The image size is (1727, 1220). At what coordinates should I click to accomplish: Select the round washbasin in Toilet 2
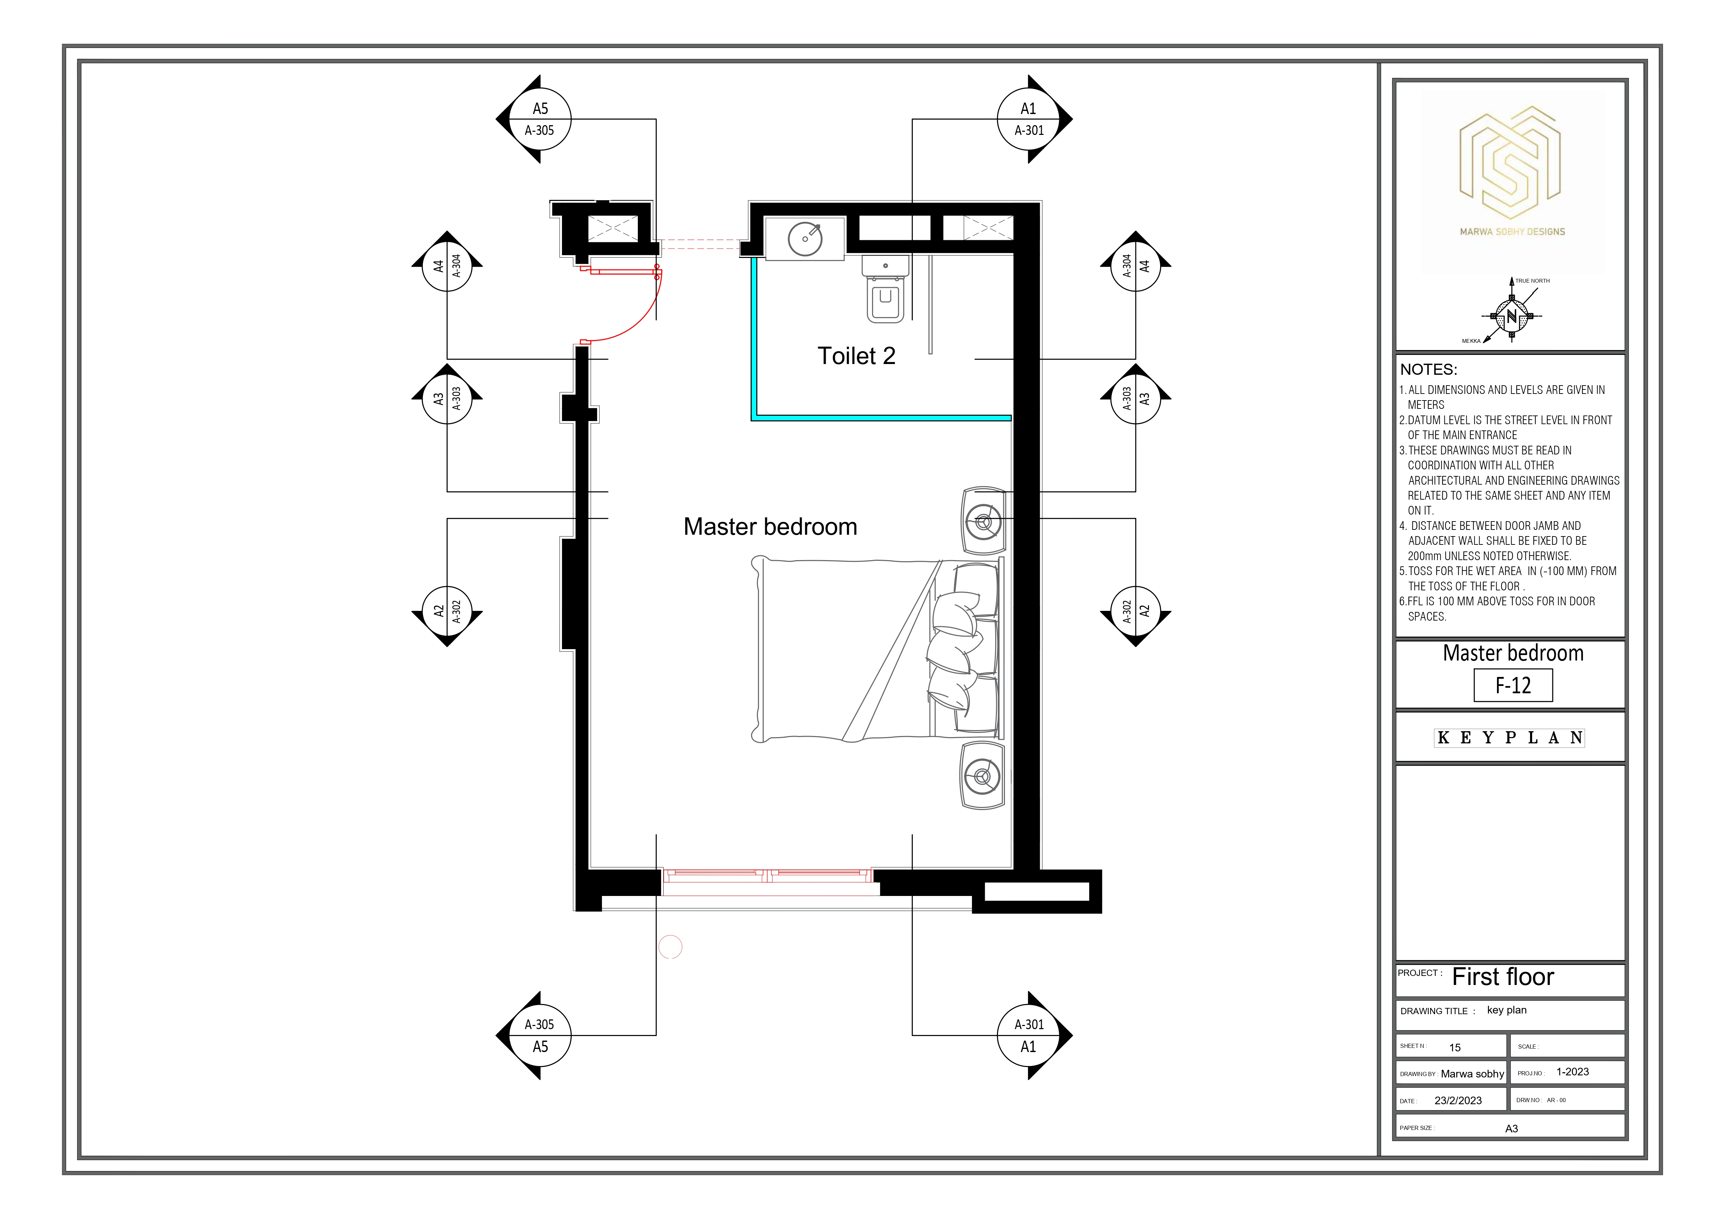point(805,239)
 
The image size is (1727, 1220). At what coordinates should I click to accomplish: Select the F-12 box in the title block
point(1513,686)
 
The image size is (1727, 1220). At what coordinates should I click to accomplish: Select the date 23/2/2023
point(1458,1100)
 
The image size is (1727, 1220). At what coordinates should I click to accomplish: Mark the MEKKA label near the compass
point(1471,341)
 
